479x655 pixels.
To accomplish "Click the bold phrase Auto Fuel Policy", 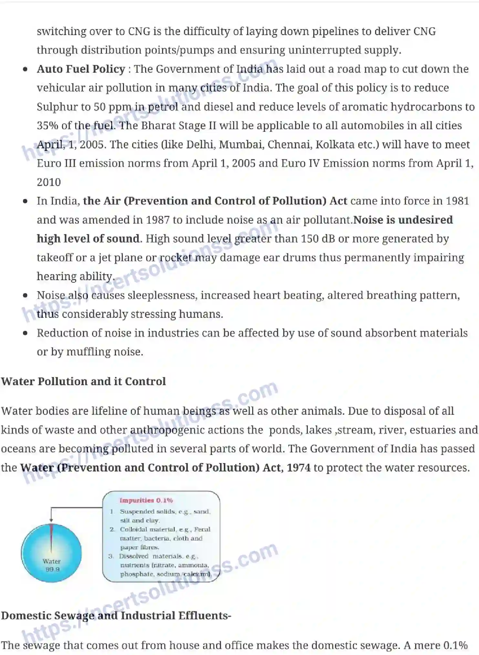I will coord(81,69).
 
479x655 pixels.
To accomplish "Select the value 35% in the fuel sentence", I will coord(47,126).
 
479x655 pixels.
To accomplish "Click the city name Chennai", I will coord(289,144).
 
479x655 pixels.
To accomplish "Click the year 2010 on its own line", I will coord(49,182).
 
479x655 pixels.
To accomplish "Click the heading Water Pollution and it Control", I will coord(83,382).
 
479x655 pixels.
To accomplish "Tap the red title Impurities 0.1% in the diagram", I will coord(146,501).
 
